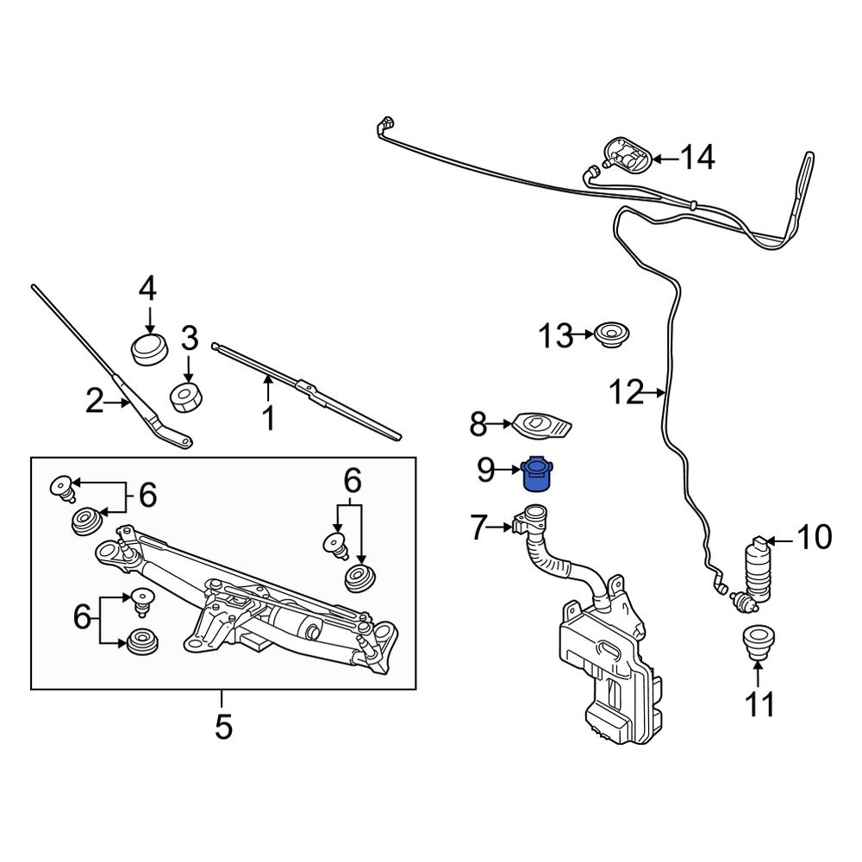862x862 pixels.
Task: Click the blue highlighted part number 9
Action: click(536, 474)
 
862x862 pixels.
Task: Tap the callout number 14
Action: click(697, 158)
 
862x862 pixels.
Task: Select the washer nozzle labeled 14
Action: click(627, 156)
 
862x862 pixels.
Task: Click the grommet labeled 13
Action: click(613, 334)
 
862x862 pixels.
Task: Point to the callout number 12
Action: click(625, 393)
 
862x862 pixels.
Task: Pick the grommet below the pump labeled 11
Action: click(757, 644)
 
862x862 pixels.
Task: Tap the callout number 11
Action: click(760, 704)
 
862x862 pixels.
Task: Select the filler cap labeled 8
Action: click(540, 425)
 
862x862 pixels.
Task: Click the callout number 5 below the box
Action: click(223, 727)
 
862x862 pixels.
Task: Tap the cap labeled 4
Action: click(148, 349)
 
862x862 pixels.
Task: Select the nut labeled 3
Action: click(188, 396)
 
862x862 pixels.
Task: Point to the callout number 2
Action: click(96, 401)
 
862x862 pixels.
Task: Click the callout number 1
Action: click(268, 418)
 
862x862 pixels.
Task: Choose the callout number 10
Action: click(814, 539)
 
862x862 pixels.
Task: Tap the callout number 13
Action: click(556, 334)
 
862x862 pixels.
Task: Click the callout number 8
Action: click(478, 423)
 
